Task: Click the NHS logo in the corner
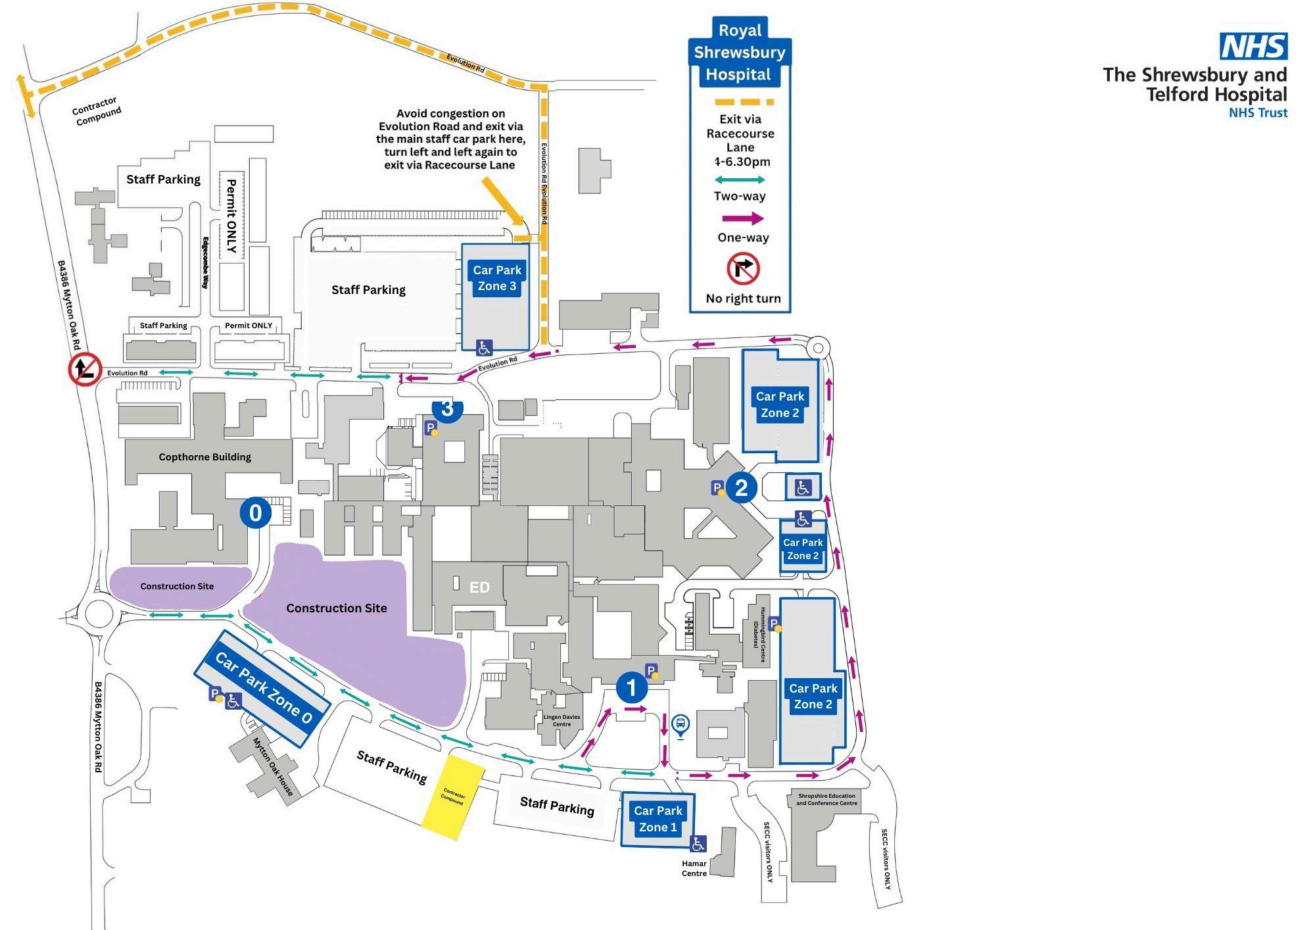(1253, 46)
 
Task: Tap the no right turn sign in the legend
(743, 269)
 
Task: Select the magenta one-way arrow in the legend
(743, 219)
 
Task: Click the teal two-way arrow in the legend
(740, 180)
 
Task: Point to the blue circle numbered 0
(256, 512)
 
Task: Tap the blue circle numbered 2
(742, 488)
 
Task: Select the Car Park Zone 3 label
(497, 278)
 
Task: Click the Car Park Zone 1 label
(658, 819)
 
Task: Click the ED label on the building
(479, 587)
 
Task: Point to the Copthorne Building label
(204, 457)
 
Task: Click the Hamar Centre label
(694, 868)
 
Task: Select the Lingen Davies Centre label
(562, 720)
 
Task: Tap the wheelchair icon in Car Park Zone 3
(485, 347)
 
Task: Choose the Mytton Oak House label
(273, 766)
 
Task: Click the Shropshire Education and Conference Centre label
(826, 799)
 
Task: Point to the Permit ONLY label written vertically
(231, 216)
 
